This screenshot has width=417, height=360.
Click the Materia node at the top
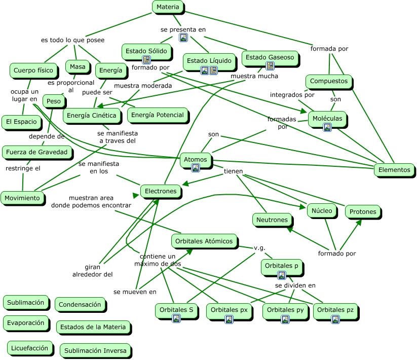(x=168, y=7)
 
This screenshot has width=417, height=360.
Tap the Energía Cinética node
(x=92, y=116)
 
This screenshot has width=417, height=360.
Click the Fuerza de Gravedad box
(x=36, y=152)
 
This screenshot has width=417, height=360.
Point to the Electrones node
(x=161, y=191)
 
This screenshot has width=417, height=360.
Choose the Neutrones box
(x=272, y=220)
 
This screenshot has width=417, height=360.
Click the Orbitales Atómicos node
(x=204, y=241)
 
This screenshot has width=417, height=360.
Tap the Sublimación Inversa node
(x=95, y=351)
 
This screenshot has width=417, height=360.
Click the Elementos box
(x=394, y=170)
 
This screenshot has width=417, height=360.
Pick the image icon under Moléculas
(x=327, y=127)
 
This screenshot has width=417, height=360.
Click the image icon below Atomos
(x=196, y=168)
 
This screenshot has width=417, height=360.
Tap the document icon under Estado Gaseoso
(x=270, y=65)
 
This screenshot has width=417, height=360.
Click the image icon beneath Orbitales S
(x=176, y=318)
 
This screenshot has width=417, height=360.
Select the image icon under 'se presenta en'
(x=183, y=38)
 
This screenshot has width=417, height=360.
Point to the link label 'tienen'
(x=233, y=171)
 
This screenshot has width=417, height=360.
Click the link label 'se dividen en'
(x=295, y=285)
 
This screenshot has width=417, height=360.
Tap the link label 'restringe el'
(x=23, y=168)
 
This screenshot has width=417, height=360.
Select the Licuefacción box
(x=29, y=348)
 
